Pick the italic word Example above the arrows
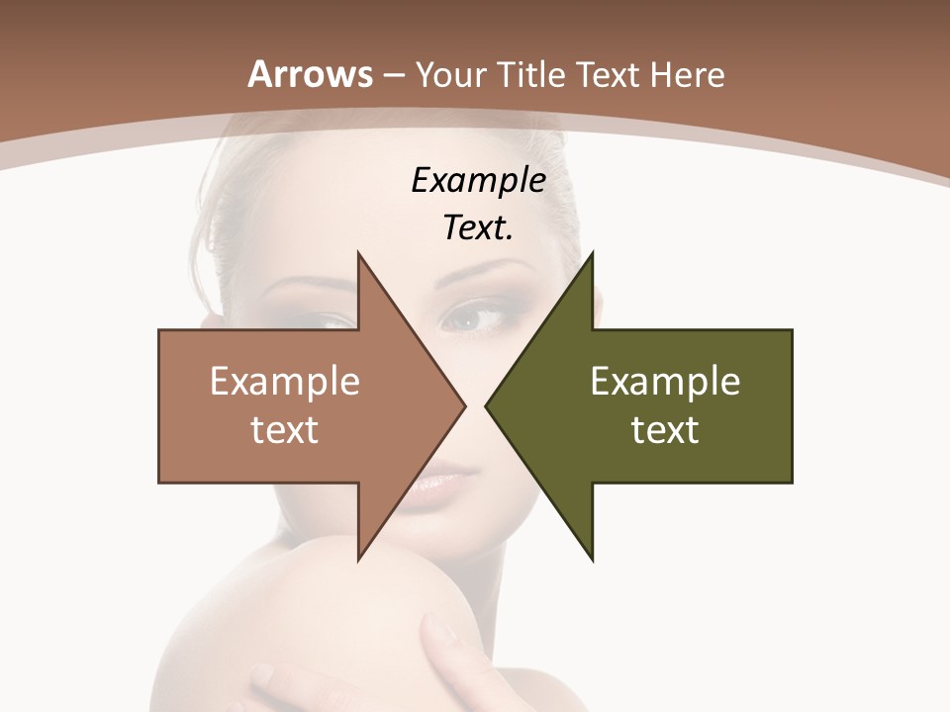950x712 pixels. coord(479,181)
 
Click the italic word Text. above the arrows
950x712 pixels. coord(479,228)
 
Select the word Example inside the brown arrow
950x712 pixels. coord(285,381)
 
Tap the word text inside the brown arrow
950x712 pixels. coord(285,430)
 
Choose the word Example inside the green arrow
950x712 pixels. coord(665,381)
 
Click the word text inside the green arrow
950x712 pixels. coord(665,430)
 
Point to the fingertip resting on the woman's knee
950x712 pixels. coord(436,627)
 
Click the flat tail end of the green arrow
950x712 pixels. coord(791,405)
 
